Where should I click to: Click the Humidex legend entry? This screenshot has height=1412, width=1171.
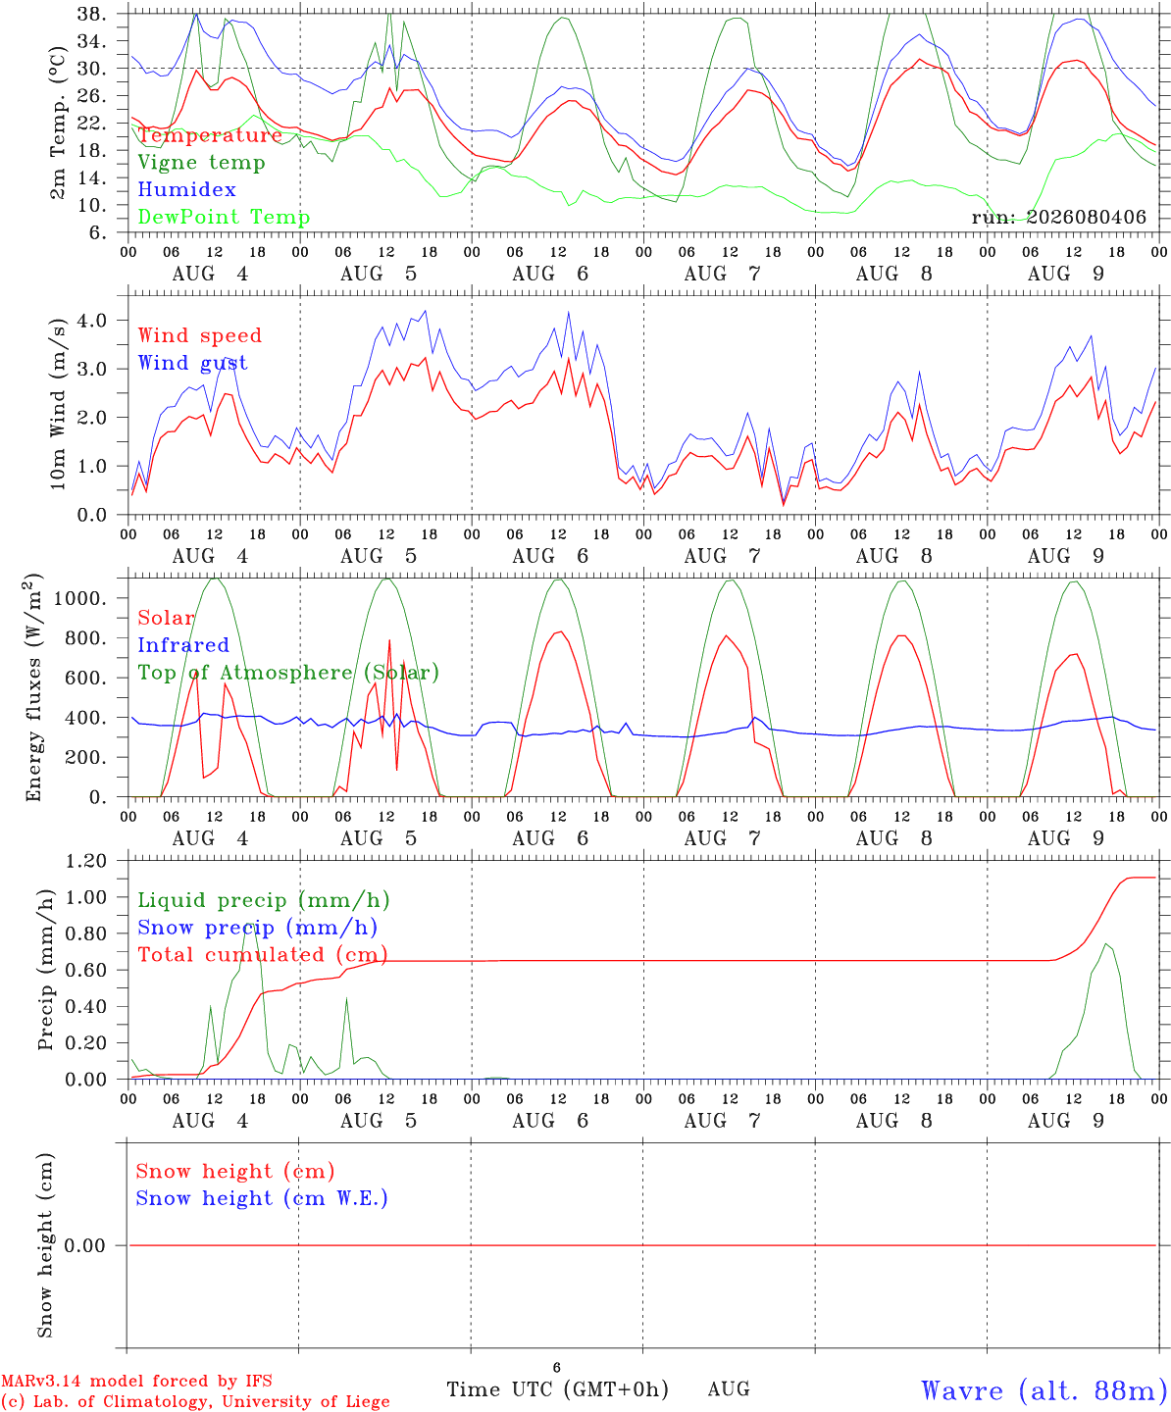(186, 189)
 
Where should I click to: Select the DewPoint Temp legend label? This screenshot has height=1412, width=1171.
(224, 217)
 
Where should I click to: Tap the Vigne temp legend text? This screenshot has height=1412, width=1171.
(202, 163)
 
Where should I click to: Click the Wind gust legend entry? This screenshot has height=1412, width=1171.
(193, 363)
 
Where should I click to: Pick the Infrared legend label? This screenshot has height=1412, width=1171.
(183, 645)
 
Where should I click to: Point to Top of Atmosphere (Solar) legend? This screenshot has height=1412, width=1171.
(289, 673)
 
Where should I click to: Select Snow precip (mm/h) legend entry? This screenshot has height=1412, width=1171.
(258, 928)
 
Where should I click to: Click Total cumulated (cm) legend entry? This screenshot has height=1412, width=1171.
(263, 955)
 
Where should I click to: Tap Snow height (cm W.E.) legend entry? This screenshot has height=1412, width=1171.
(262, 1198)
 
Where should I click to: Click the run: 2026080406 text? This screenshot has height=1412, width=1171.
(1058, 217)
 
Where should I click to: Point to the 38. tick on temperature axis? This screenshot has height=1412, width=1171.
(91, 14)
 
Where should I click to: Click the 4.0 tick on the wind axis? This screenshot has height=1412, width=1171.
(92, 321)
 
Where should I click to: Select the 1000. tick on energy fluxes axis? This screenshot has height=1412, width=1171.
(80, 598)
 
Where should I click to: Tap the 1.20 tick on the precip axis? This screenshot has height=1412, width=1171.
(86, 862)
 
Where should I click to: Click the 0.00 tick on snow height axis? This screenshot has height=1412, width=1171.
(84, 1245)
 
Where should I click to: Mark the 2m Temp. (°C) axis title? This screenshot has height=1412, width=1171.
(58, 124)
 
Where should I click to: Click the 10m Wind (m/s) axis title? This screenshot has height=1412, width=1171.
(58, 404)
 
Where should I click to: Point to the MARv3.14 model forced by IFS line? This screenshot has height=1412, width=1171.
(136, 1381)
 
